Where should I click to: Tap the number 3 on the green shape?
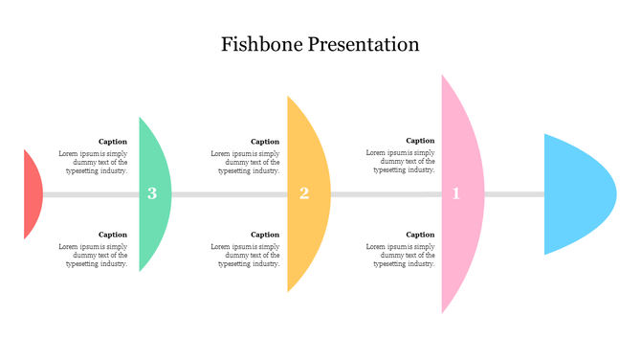click(x=152, y=194)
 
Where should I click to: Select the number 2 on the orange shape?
click(x=304, y=193)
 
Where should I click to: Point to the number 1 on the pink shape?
click(x=456, y=193)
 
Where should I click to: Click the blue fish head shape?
click(x=574, y=193)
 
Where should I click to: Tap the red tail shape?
click(x=32, y=194)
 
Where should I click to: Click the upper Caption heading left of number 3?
click(x=113, y=142)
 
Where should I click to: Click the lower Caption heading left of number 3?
click(x=113, y=235)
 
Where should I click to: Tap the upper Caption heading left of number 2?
click(x=265, y=142)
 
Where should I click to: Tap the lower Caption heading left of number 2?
click(x=265, y=235)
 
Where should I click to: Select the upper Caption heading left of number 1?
click(x=420, y=141)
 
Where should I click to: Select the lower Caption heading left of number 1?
click(x=420, y=235)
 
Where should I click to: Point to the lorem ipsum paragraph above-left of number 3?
click(x=93, y=162)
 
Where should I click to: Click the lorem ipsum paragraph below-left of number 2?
click(x=245, y=256)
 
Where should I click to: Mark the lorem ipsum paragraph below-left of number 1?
click(x=400, y=256)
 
